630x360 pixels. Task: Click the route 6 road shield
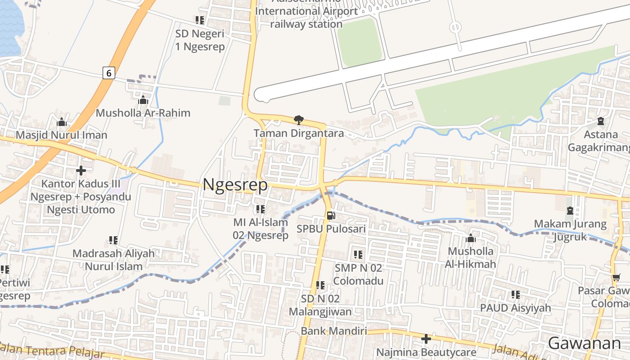tap(108, 72)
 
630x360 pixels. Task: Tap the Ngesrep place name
tap(235, 184)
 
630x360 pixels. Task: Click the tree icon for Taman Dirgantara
tap(298, 120)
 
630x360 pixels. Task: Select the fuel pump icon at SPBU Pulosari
tap(331, 215)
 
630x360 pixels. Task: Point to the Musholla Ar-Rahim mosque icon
tap(143, 100)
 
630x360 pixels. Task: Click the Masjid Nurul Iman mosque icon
tap(62, 122)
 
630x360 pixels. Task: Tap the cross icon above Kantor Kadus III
tap(81, 171)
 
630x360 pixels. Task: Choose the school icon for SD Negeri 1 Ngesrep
tap(200, 20)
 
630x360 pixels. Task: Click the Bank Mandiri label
tap(333, 331)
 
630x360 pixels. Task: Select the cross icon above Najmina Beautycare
tap(426, 338)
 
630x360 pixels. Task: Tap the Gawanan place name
tap(584, 343)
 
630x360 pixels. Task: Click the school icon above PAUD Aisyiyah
tap(515, 295)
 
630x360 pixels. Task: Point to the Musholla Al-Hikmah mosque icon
tap(471, 238)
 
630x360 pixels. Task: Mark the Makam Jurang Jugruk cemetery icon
tap(570, 211)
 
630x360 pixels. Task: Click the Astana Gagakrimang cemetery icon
tap(601, 121)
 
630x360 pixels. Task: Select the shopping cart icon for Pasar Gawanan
tap(616, 278)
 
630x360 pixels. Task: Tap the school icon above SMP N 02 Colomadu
tap(358, 255)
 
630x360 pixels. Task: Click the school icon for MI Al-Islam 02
tap(260, 209)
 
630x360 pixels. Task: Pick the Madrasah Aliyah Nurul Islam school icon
tap(113, 240)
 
